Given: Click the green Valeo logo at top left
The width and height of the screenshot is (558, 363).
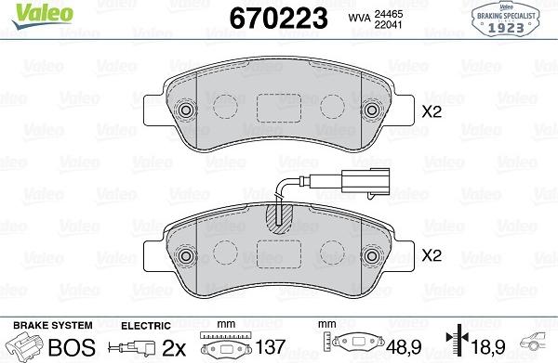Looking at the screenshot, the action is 43,17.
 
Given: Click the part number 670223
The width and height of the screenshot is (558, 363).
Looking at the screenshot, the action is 278,19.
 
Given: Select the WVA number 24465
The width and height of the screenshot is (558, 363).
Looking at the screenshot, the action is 388,14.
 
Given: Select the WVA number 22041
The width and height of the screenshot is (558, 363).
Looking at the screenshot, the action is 388,24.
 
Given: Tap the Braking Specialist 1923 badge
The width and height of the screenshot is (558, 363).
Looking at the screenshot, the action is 506,19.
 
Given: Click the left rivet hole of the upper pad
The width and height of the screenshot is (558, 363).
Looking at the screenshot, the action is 186,110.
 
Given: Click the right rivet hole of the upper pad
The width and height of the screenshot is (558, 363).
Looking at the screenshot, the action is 372,110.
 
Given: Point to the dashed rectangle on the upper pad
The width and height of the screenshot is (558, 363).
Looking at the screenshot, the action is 279,109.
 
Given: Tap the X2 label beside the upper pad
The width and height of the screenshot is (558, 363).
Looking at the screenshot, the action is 432,112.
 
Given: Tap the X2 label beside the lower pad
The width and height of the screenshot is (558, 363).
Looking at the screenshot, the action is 432,255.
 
